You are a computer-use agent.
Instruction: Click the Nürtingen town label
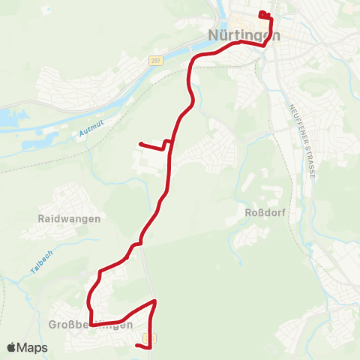pyautogui.click(x=243, y=35)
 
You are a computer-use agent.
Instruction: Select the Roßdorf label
pyautogui.click(x=262, y=212)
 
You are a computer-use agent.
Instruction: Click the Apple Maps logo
pyautogui.click(x=28, y=347)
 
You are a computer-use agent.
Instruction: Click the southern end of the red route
pyautogui.click(x=138, y=346)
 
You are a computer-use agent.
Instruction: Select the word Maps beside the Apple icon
pyautogui.click(x=34, y=347)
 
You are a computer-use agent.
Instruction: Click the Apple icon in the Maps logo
pyautogui.click(x=12, y=347)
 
